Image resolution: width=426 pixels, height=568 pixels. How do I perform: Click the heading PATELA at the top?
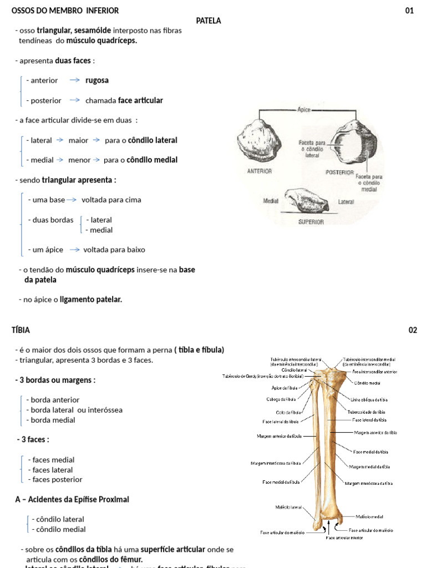point(209,21)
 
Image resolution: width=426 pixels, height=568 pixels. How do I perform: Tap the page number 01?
point(409,11)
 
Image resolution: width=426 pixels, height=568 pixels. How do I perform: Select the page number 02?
point(413,330)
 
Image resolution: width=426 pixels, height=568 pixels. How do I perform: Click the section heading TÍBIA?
point(21,330)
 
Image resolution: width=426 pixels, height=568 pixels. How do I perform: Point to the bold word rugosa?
point(97,80)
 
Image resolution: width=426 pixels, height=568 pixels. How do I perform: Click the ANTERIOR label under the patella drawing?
point(259,171)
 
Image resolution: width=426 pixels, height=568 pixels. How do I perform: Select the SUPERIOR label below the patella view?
point(311,221)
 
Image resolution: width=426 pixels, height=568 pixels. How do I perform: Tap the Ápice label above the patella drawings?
point(304,110)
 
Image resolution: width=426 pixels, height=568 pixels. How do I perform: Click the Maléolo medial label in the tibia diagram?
point(369,516)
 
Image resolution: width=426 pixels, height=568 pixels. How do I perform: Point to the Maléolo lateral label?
point(288,507)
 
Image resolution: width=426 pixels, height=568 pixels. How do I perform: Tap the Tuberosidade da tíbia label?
point(366,412)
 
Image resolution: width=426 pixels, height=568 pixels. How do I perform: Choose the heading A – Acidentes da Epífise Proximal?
point(72,499)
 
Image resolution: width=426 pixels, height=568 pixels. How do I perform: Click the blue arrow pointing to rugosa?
point(74,80)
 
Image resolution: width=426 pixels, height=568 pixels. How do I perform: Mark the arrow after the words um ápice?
point(74,250)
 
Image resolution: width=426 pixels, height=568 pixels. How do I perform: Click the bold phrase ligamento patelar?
point(91,300)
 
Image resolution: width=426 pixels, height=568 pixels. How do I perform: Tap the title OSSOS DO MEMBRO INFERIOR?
point(65,11)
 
